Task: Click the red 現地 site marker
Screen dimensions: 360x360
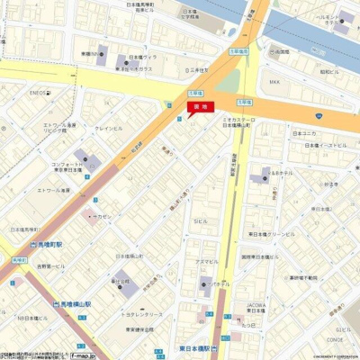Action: coord(195,108)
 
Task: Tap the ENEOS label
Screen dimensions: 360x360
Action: coord(37,92)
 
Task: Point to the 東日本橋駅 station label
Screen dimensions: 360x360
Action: coord(188,347)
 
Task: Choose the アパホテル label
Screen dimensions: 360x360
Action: coord(220,283)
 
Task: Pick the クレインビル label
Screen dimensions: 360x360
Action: coord(109,129)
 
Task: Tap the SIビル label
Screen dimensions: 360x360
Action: coord(201,220)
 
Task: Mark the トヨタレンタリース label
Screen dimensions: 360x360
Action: coord(132,305)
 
